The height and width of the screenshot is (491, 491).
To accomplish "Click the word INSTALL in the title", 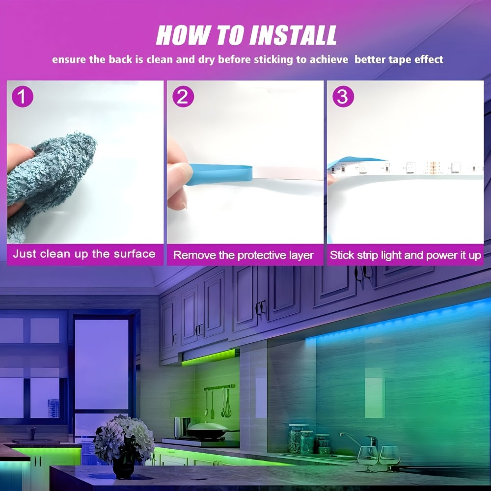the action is [x=293, y=35].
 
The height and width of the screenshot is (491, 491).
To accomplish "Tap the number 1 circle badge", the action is [x=22, y=96].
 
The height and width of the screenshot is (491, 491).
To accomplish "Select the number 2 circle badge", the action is [x=183, y=96].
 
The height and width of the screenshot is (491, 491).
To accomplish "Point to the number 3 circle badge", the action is [x=343, y=96].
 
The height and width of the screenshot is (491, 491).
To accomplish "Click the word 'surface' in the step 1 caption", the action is [x=135, y=254].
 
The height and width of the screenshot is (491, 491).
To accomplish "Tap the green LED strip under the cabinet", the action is [x=208, y=357].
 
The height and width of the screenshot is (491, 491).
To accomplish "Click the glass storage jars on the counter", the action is [x=308, y=439].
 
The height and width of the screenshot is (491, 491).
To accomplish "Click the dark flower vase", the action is [x=123, y=467].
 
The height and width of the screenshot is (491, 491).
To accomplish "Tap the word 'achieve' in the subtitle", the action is [x=329, y=59].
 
